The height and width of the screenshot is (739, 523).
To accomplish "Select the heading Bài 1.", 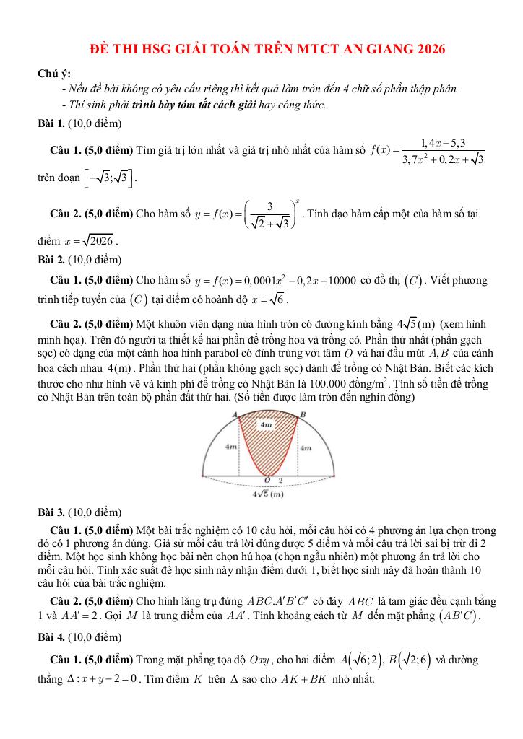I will click(51, 124).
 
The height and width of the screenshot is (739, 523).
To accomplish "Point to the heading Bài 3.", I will click(51, 512).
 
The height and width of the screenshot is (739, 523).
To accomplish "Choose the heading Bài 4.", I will click(51, 638).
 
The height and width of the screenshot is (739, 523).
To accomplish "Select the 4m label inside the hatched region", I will click(267, 426).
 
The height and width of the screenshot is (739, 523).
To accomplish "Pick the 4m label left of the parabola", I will click(231, 447).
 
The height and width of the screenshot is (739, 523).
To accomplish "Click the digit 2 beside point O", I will click(280, 480).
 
